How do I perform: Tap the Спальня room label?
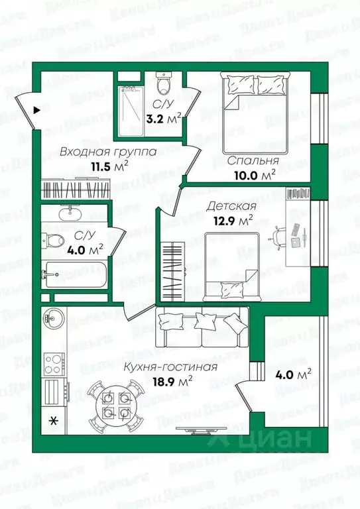[252, 161]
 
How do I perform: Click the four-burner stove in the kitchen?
[53, 362]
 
